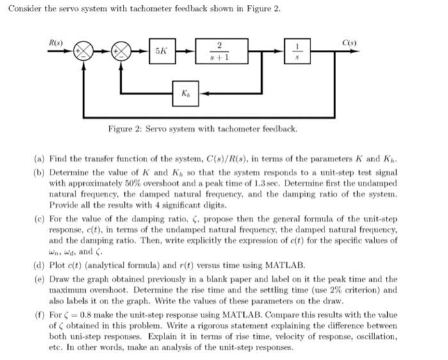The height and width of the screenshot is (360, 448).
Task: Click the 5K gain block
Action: click(x=162, y=51)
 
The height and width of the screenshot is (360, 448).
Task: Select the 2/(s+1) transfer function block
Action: click(x=219, y=51)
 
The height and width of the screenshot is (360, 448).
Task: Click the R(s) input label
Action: click(x=56, y=42)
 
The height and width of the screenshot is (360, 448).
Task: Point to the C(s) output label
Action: click(x=348, y=42)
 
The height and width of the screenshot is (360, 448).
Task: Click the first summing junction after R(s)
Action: click(x=83, y=51)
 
